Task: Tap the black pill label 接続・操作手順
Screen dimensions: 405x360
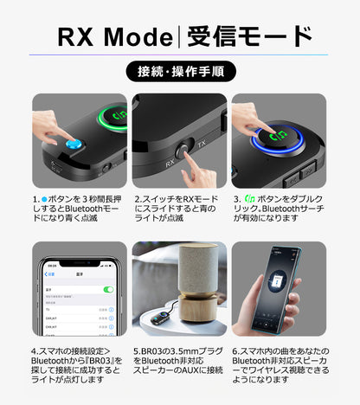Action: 180,71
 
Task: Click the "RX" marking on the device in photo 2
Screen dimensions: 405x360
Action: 171,162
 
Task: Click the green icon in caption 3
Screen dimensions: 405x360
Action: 251,198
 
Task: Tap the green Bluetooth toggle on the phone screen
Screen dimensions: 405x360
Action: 108,289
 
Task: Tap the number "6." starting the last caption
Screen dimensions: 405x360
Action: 237,352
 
